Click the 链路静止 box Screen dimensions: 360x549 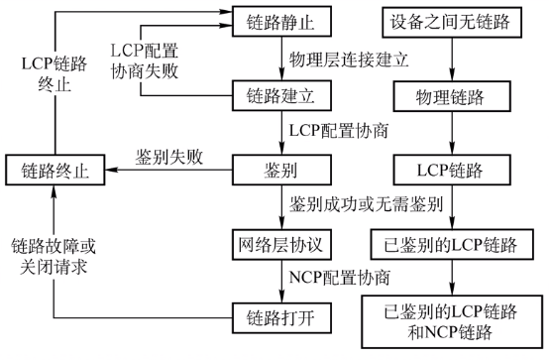pos(277,20)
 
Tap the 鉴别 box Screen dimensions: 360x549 pos(277,170)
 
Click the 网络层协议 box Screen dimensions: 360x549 pos(277,243)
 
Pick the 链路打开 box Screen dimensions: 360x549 pos(277,317)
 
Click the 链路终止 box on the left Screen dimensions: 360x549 pos(55,170)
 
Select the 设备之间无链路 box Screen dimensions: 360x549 pos(452,20)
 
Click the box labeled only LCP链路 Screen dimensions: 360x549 pos(452,170)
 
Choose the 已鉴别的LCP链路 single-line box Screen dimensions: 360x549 pos(452,243)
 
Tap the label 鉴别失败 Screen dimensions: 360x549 pos(170,158)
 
